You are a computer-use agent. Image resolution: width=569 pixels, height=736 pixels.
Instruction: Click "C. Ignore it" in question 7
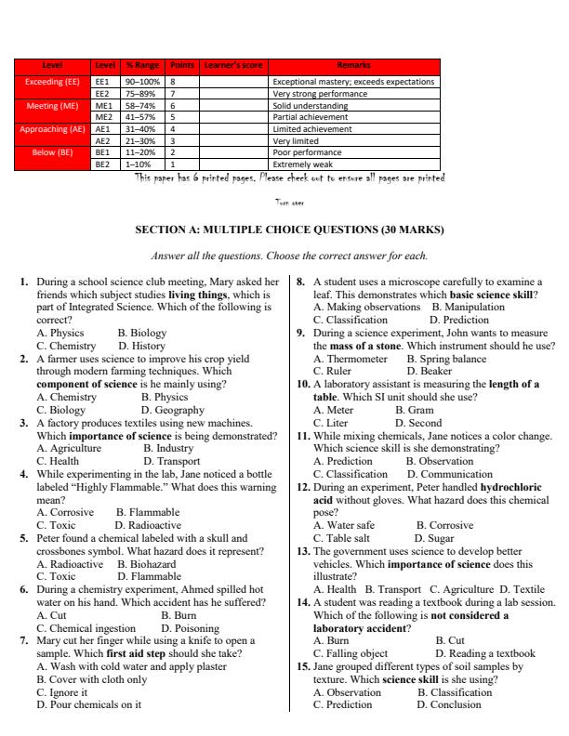point(62,691)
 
